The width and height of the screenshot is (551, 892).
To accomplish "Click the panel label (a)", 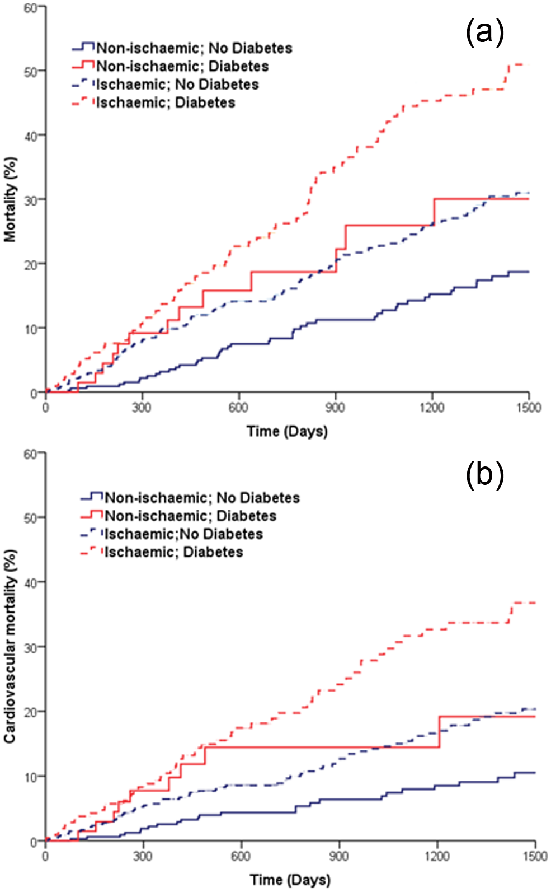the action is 484,32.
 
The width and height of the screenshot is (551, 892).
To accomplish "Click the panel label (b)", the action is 484,474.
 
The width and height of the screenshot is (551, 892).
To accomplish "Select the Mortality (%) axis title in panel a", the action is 10,199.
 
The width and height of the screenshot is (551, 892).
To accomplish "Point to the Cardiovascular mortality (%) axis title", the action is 10,646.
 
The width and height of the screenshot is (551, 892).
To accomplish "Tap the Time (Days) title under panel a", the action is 287,432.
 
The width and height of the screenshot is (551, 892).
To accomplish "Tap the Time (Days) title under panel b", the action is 290,880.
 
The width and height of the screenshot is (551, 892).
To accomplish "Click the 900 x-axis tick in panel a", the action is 336,408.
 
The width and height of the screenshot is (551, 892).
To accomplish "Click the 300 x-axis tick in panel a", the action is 142,408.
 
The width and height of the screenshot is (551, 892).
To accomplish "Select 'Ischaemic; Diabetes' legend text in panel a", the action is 166,102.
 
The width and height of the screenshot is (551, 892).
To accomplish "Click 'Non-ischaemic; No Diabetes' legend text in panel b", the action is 202,498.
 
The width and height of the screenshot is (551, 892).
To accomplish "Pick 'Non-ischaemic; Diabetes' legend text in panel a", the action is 182,66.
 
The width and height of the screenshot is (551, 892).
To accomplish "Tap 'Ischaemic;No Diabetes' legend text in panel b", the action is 184,534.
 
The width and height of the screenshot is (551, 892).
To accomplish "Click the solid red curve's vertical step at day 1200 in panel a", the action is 434,212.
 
